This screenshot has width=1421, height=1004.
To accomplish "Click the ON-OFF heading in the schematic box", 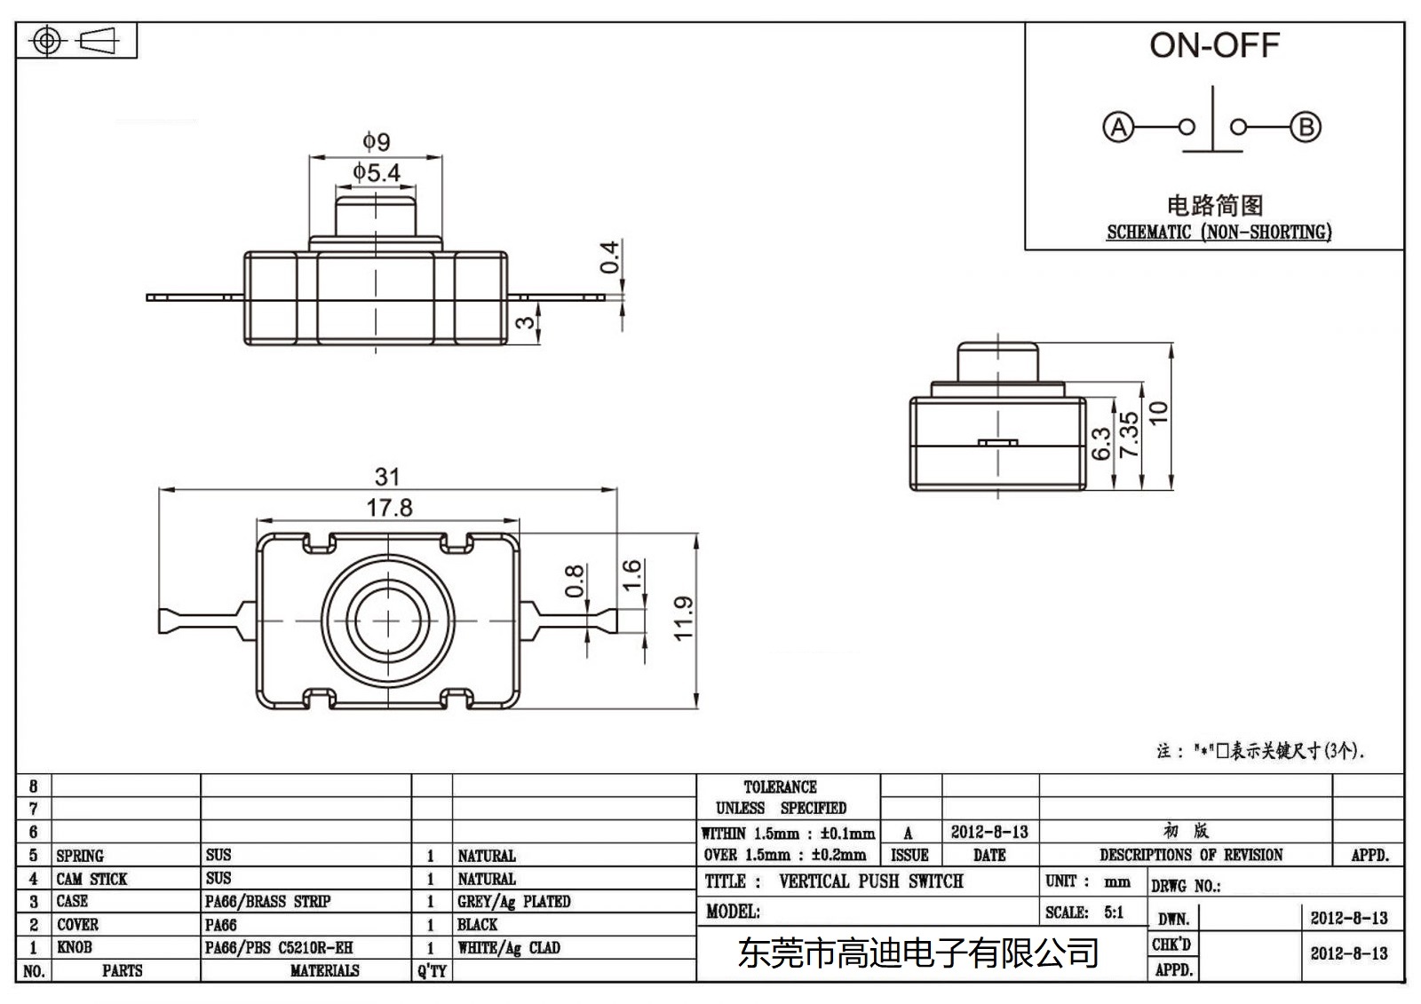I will (1213, 46).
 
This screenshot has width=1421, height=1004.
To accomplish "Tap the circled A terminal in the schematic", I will (1118, 127).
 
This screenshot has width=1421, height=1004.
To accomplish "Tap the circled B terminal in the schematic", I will (1306, 127).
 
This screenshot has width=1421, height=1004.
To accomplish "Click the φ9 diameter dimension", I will (376, 142).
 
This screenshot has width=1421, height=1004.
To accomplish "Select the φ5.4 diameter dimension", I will (377, 172).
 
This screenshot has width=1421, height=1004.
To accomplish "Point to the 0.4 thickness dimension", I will (610, 257).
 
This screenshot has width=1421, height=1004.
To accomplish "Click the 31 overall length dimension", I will (387, 477).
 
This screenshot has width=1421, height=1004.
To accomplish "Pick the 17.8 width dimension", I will (389, 508).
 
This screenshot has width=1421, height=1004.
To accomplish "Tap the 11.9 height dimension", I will (683, 618).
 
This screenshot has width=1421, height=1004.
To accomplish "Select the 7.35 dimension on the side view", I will (1129, 435).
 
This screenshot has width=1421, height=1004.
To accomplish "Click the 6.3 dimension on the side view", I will (1101, 443).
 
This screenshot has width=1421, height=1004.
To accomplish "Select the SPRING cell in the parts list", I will (80, 856).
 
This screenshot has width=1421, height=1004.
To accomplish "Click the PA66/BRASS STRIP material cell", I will (267, 902).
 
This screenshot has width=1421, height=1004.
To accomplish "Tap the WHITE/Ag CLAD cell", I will (509, 948).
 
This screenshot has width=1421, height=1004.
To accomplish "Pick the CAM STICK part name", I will (91, 879).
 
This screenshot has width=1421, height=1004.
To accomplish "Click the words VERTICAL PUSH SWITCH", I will (870, 881).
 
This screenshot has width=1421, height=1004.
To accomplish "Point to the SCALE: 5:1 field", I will (1084, 913).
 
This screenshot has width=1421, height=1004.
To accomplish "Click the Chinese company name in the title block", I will (918, 953).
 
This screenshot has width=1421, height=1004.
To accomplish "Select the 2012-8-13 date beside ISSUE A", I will (989, 832).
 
